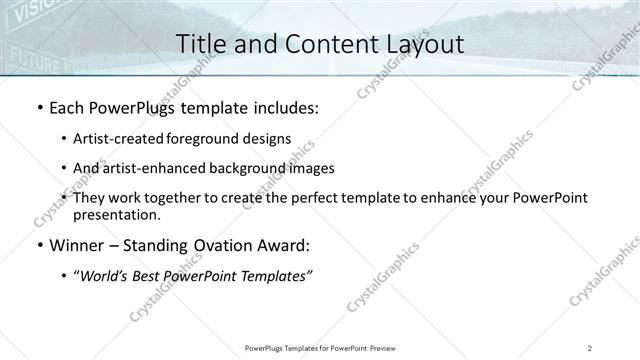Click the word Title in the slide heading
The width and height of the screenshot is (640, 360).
(200, 44)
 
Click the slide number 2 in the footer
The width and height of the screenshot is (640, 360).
(591, 348)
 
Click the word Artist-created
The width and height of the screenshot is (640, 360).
(114, 138)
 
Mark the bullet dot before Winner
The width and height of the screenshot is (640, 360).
(38, 245)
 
